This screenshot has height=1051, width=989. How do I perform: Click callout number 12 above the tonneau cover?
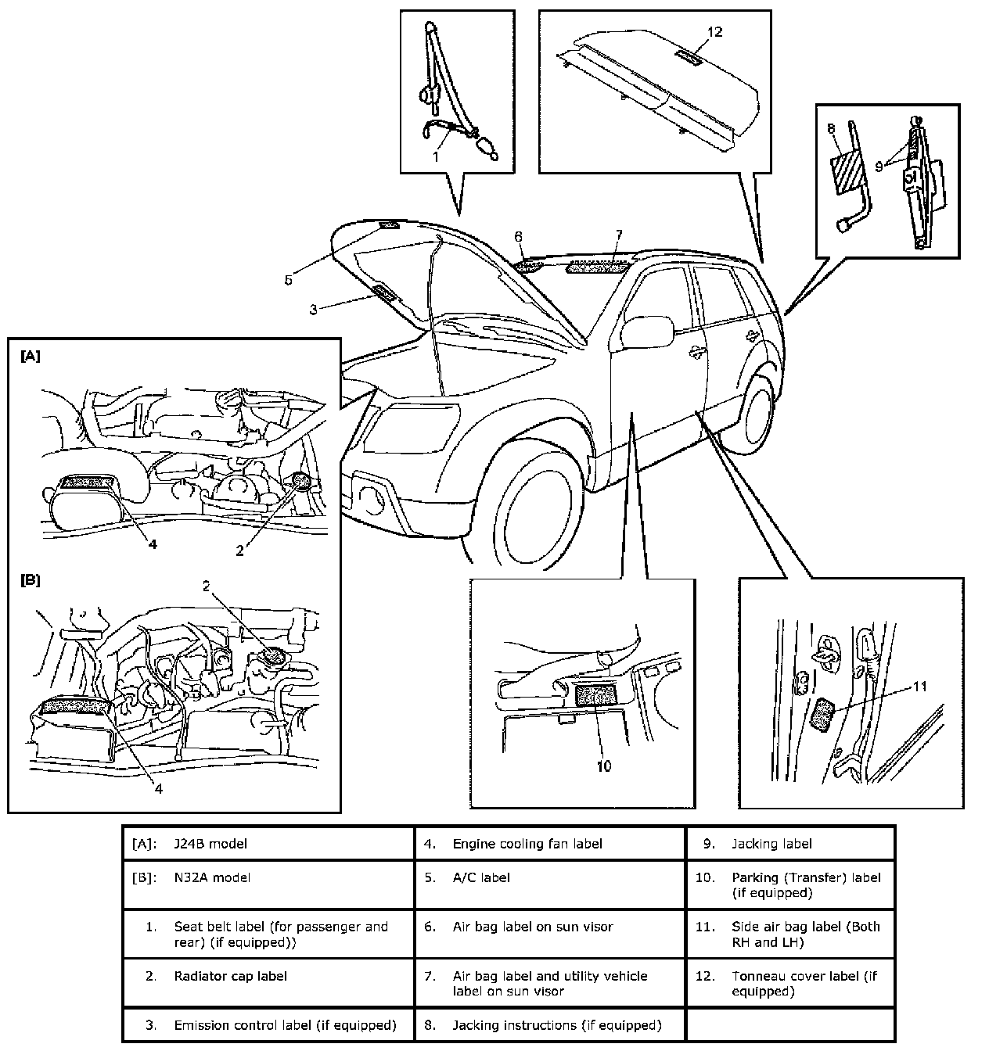click(x=714, y=32)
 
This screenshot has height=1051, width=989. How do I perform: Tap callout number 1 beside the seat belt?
click(x=437, y=156)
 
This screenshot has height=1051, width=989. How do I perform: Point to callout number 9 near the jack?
click(x=879, y=166)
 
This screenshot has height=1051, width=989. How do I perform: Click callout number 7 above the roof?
click(x=618, y=235)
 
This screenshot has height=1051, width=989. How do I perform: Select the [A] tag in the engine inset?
click(x=30, y=356)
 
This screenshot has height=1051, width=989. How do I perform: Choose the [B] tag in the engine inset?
click(x=30, y=580)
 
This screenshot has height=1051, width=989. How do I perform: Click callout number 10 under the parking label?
click(x=603, y=766)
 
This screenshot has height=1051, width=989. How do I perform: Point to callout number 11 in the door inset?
click(x=920, y=687)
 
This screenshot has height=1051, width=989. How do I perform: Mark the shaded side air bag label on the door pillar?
click(x=822, y=713)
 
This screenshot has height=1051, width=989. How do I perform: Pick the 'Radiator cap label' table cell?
click(x=231, y=976)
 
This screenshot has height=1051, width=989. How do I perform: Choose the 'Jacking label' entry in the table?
click(x=771, y=844)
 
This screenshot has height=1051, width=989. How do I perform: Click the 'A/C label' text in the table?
click(x=481, y=877)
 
